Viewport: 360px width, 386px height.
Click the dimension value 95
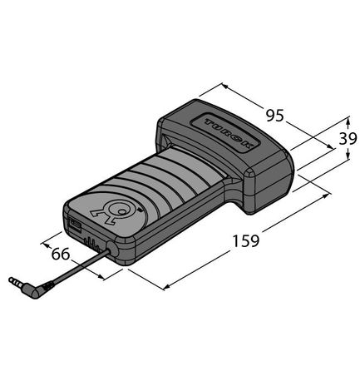pyautogui.click(x=273, y=107)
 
